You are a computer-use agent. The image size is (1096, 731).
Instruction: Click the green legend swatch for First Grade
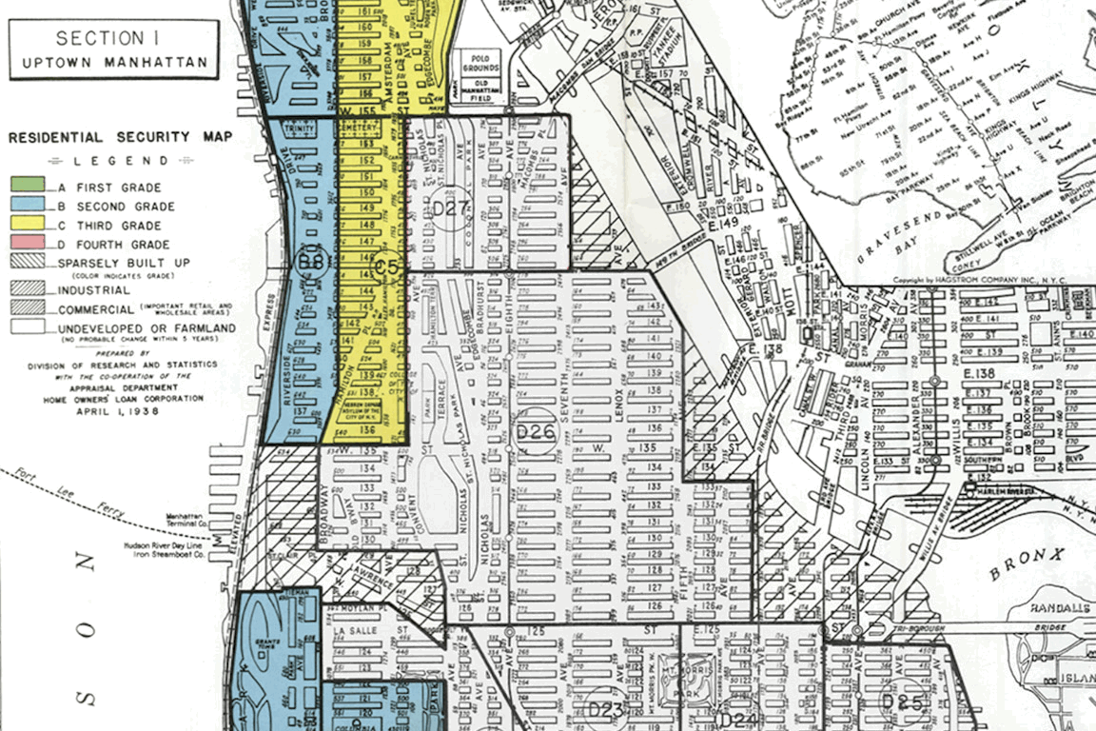27,187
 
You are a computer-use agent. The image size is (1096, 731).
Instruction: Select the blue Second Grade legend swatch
27,206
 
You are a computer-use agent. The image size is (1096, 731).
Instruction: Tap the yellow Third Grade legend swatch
27,226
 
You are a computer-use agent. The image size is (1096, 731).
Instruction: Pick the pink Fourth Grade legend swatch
27,245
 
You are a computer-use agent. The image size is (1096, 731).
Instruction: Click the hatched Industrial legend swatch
27,287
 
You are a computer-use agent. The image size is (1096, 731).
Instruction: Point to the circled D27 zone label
451,210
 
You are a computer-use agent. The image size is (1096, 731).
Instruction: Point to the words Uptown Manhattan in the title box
113,64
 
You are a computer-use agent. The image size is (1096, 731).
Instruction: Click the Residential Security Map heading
120,137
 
